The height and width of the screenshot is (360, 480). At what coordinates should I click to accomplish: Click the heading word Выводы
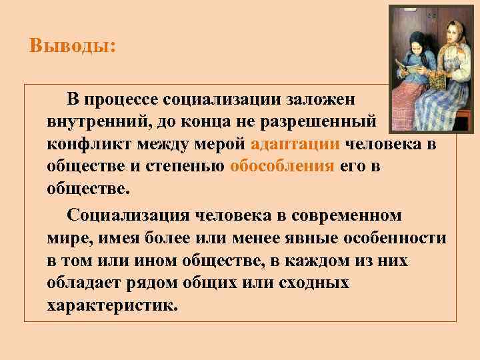(72, 47)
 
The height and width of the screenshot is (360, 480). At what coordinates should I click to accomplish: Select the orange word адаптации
(296, 144)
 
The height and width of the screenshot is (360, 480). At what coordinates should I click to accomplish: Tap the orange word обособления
(281, 166)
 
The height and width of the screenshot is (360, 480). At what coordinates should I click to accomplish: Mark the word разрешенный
(325, 123)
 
